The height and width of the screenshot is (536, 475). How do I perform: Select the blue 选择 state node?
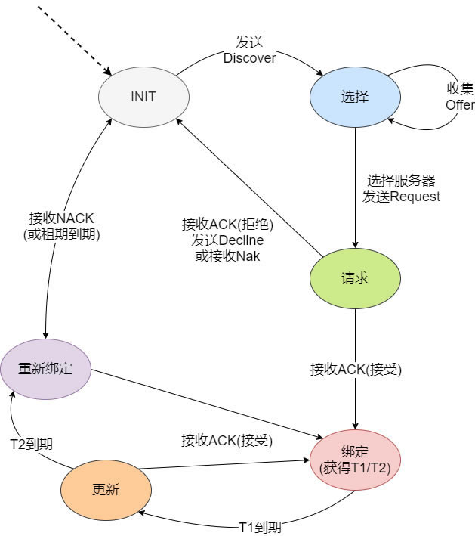354,96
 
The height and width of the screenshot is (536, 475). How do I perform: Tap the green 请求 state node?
354,277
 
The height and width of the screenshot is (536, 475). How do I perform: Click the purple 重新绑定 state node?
45,369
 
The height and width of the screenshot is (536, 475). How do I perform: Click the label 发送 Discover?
249,50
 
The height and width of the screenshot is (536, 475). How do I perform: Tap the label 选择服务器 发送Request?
401,188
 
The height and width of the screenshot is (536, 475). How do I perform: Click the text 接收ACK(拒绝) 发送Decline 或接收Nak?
227,240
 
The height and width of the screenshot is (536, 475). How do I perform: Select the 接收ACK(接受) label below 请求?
356,370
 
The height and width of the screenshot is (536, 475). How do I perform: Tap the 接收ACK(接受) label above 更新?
227,440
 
